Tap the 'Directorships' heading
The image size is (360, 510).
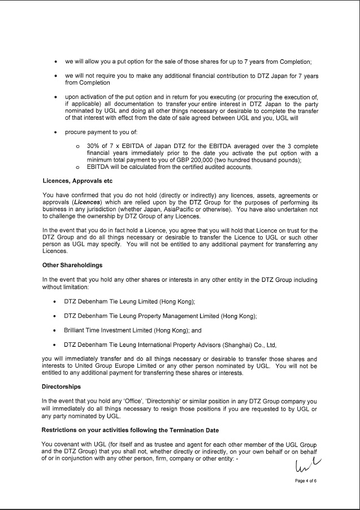(x=61, y=387)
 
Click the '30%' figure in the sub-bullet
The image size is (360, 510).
(x=94, y=146)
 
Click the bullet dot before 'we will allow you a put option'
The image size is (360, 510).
(x=55, y=61)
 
